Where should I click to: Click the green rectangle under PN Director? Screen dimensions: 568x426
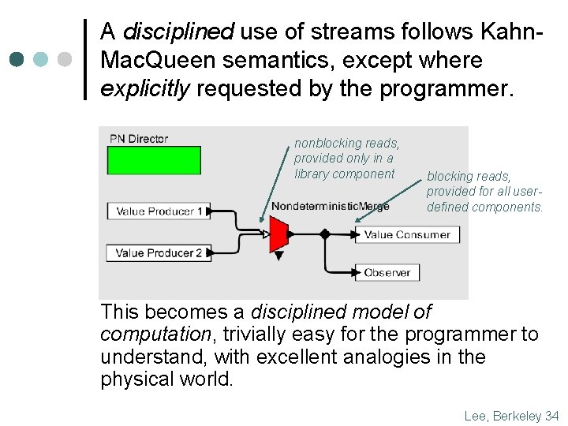[154, 160]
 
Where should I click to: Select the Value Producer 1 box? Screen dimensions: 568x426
[159, 211]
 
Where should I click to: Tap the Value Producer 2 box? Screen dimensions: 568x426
[159, 253]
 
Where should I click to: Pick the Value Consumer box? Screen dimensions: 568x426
[406, 234]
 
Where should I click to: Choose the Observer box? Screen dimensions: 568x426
[387, 272]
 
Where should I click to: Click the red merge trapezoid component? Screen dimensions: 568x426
[278, 234]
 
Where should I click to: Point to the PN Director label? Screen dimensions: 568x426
[139, 139]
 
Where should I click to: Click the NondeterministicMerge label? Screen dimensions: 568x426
[330, 207]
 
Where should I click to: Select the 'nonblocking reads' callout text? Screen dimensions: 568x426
[346, 159]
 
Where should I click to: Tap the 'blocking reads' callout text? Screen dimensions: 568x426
[484, 192]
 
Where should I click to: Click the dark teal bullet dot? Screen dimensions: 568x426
[17, 59]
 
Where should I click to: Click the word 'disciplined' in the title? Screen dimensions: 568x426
[178, 32]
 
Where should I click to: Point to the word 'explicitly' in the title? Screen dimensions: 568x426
[145, 88]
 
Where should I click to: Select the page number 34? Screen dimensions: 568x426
[551, 416]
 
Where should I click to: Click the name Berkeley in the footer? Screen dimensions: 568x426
[516, 416]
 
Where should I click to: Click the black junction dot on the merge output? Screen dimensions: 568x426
[324, 234]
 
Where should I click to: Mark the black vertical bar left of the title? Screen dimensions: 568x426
[85, 59]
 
